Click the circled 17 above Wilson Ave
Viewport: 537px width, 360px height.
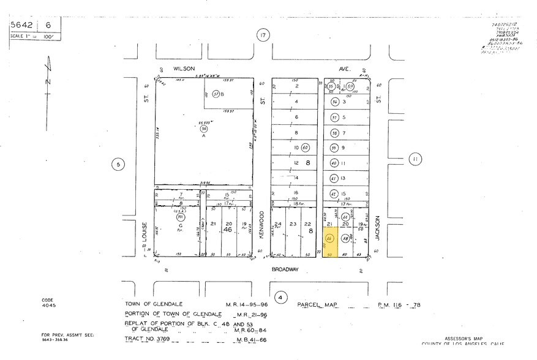263,36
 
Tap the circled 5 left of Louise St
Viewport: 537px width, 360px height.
118,164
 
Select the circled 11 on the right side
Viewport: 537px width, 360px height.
416,159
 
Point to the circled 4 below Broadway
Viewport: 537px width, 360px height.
281,298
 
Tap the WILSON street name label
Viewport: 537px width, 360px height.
184,69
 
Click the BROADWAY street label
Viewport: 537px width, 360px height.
285,268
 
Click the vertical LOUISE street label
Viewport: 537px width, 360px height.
145,233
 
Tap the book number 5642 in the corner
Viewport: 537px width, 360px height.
22,25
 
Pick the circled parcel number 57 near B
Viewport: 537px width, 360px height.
216,94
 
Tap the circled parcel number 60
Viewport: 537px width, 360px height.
306,148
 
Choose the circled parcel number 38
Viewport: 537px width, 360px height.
334,133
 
